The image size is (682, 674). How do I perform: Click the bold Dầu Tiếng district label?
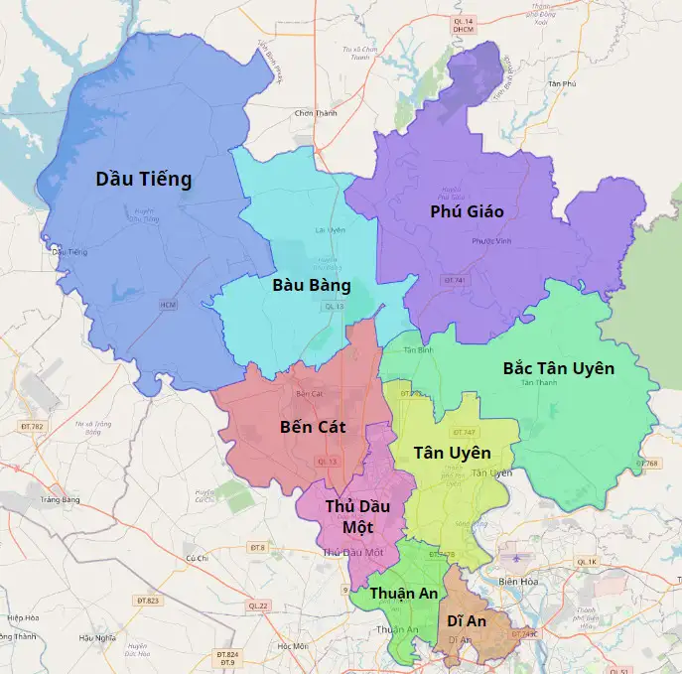[143, 179]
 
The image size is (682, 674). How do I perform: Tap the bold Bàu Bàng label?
[312, 285]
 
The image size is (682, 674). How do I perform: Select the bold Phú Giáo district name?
[467, 211]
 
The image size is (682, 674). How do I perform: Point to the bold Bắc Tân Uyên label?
[558, 368]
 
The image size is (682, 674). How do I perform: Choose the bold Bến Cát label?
[313, 427]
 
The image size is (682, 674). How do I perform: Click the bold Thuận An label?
[404, 593]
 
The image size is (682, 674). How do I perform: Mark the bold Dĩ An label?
[467, 620]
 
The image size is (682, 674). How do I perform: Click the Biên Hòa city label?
[517, 581]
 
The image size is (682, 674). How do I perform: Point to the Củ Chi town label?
[196, 558]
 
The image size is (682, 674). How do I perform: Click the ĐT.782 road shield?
[32, 426]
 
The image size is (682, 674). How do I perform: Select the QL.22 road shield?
[258, 606]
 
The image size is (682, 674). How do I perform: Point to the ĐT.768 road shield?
[647, 464]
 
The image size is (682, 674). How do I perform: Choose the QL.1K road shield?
[588, 562]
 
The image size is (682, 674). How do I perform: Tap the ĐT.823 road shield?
[147, 601]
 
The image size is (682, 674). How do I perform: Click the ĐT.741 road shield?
[454, 281]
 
